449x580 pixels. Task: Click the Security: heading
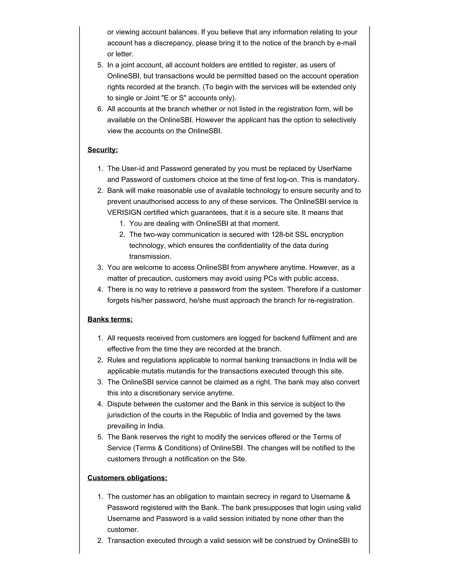click(103, 150)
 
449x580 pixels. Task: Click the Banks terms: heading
click(110, 319)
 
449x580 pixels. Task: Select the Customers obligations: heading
click(127, 478)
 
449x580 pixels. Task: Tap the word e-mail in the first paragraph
click(346, 43)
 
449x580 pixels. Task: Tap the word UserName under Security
click(334, 169)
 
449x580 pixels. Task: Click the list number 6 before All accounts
click(100, 109)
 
